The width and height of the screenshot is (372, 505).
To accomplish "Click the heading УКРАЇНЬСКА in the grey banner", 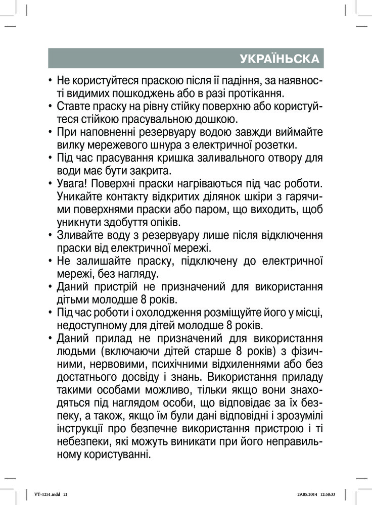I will (280, 59).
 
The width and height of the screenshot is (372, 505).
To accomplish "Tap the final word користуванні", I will (121, 454).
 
